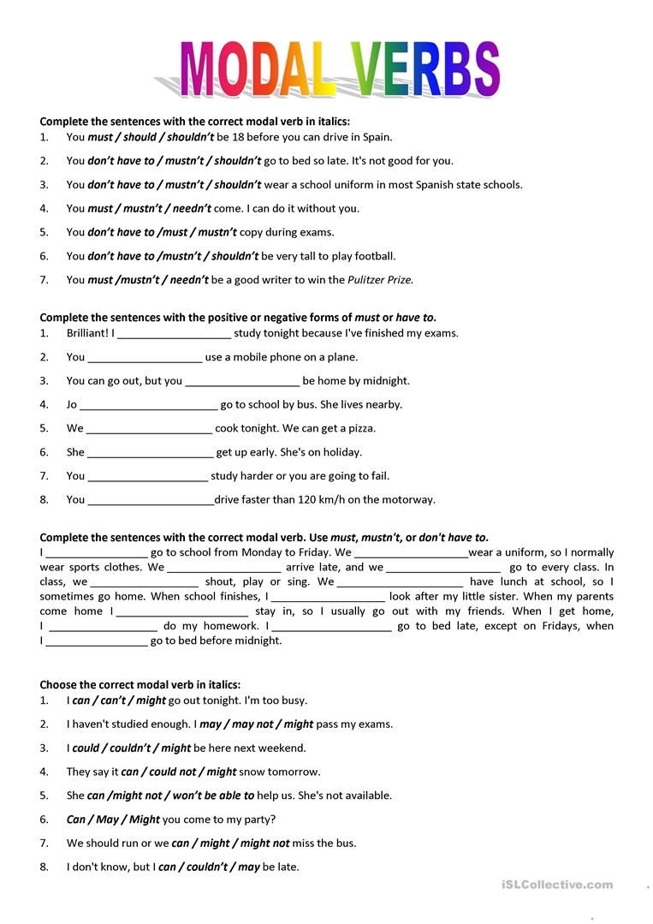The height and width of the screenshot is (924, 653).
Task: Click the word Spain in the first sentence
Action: (377, 136)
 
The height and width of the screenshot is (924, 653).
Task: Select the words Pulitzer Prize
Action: (380, 279)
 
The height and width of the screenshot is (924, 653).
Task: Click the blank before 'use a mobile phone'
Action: (145, 357)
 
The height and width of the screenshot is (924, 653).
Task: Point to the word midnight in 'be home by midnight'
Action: (386, 381)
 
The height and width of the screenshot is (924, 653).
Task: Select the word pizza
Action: (361, 428)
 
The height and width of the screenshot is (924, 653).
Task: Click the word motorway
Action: (407, 499)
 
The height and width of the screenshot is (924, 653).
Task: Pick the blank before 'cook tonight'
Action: (149, 428)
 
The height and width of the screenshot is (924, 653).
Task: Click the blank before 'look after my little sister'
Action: (329, 596)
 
